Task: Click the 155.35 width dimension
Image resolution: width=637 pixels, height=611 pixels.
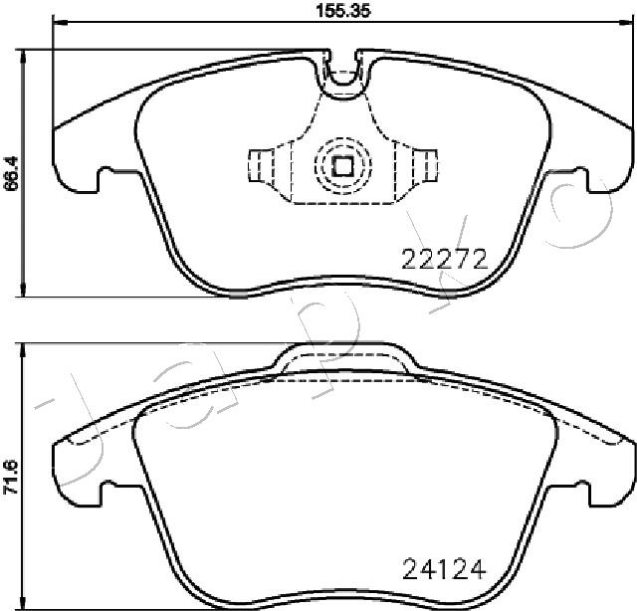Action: pos(343,11)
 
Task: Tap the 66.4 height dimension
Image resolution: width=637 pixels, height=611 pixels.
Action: pos(11,173)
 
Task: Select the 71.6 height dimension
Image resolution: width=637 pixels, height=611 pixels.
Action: pos(11,477)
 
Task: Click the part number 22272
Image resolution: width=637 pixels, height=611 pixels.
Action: pos(445,259)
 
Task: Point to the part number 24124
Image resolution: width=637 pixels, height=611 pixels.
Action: pos(444,569)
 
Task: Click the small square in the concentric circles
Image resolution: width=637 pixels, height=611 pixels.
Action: pos(343,166)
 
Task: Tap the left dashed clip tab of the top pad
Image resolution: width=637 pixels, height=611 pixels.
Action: pos(261,165)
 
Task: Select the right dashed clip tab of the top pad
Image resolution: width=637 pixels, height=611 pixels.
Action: pos(425,165)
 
